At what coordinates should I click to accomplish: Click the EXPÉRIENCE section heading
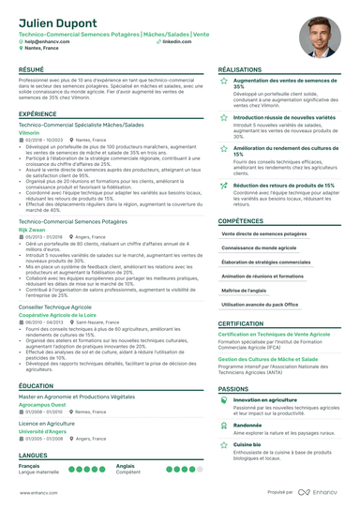(37, 113)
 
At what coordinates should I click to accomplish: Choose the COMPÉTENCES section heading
(241, 221)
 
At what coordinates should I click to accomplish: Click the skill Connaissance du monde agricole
(258, 247)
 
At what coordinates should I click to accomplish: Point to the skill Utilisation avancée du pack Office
(260, 305)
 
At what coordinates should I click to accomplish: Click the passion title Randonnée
(248, 424)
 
